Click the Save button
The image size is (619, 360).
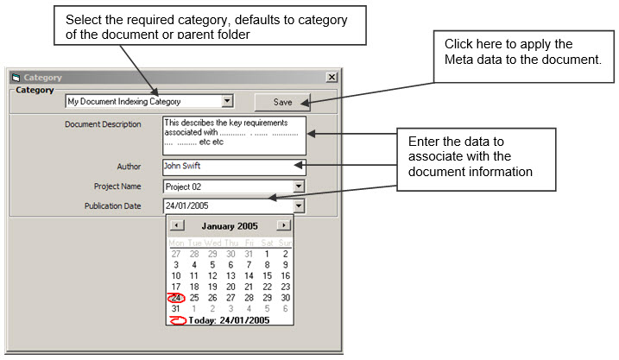[282, 102]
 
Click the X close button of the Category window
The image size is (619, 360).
[332, 77]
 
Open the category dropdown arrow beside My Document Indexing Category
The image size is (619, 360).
[227, 101]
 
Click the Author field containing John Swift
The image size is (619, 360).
[234, 167]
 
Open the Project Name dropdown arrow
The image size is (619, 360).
[299, 186]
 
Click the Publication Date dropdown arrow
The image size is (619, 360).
[299, 205]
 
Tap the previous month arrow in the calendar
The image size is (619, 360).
[177, 225]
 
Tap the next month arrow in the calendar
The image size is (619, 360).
[283, 225]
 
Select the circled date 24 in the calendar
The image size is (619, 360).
[176, 298]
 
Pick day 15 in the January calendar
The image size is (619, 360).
[268, 275]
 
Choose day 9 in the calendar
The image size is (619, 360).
[286, 264]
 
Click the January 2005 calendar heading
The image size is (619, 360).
[230, 226]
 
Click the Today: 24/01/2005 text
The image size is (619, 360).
[229, 320]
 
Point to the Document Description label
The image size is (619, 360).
[103, 124]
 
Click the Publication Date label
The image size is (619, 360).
[112, 205]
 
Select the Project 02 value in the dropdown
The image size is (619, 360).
[183, 186]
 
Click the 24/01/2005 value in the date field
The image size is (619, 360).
[186, 205]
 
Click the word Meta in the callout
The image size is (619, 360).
[458, 60]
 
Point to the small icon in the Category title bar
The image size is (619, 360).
[16, 78]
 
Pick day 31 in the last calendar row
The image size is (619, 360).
[175, 309]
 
